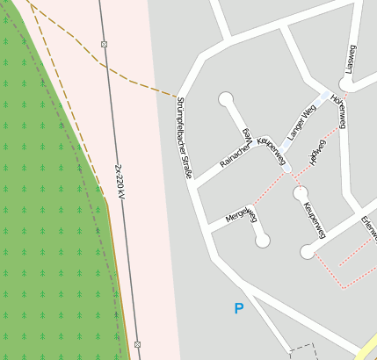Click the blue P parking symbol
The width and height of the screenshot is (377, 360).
pyautogui.click(x=238, y=309)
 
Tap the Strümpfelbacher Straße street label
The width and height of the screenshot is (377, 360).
pyautogui.click(x=183, y=139)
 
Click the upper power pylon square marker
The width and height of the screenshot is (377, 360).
pyautogui.click(x=105, y=44)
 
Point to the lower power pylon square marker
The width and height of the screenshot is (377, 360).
pyautogui.click(x=137, y=344)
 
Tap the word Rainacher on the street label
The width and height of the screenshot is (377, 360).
pyautogui.click(x=236, y=154)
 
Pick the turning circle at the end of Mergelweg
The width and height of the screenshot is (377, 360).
pyautogui.click(x=262, y=240)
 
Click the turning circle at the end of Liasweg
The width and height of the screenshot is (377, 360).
pyautogui.click(x=345, y=85)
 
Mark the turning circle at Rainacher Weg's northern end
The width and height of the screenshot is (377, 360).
pyautogui.click(x=226, y=98)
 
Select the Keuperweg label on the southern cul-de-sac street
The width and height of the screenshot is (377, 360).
pyautogui.click(x=314, y=220)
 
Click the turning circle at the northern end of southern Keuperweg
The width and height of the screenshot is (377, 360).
pyautogui.click(x=300, y=192)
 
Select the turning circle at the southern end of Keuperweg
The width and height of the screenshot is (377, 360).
pyautogui.click(x=307, y=252)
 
